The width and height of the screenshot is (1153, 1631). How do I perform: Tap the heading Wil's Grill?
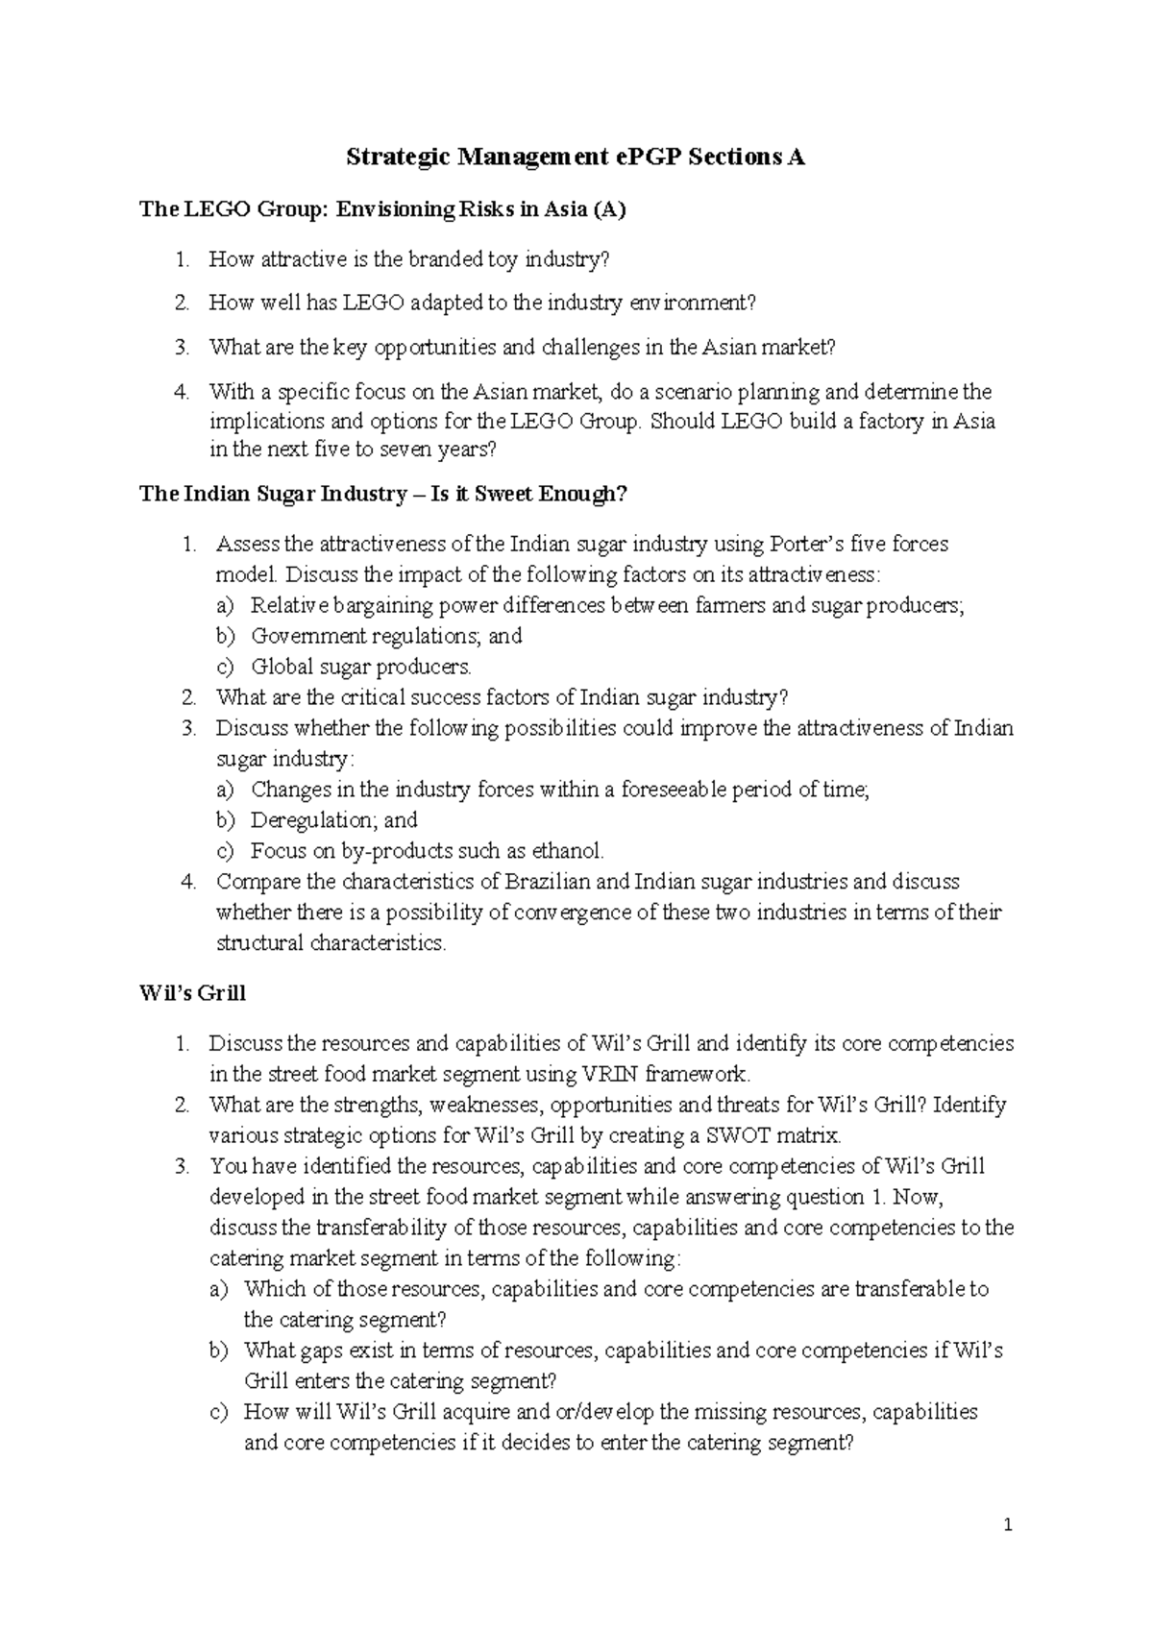pos(192,993)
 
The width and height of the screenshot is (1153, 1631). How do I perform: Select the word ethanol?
pos(566,851)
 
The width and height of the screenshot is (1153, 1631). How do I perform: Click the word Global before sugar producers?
pos(278,667)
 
